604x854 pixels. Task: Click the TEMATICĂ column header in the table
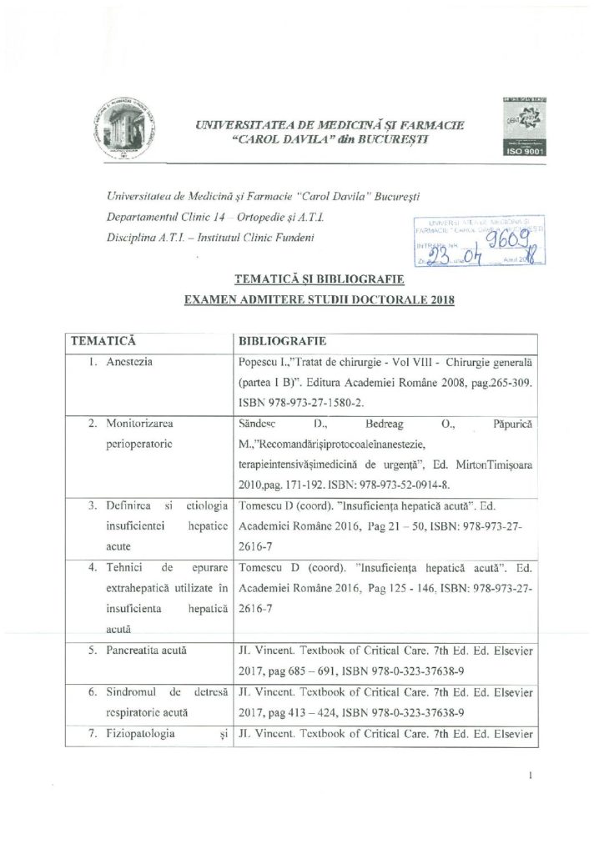[x=104, y=342]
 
